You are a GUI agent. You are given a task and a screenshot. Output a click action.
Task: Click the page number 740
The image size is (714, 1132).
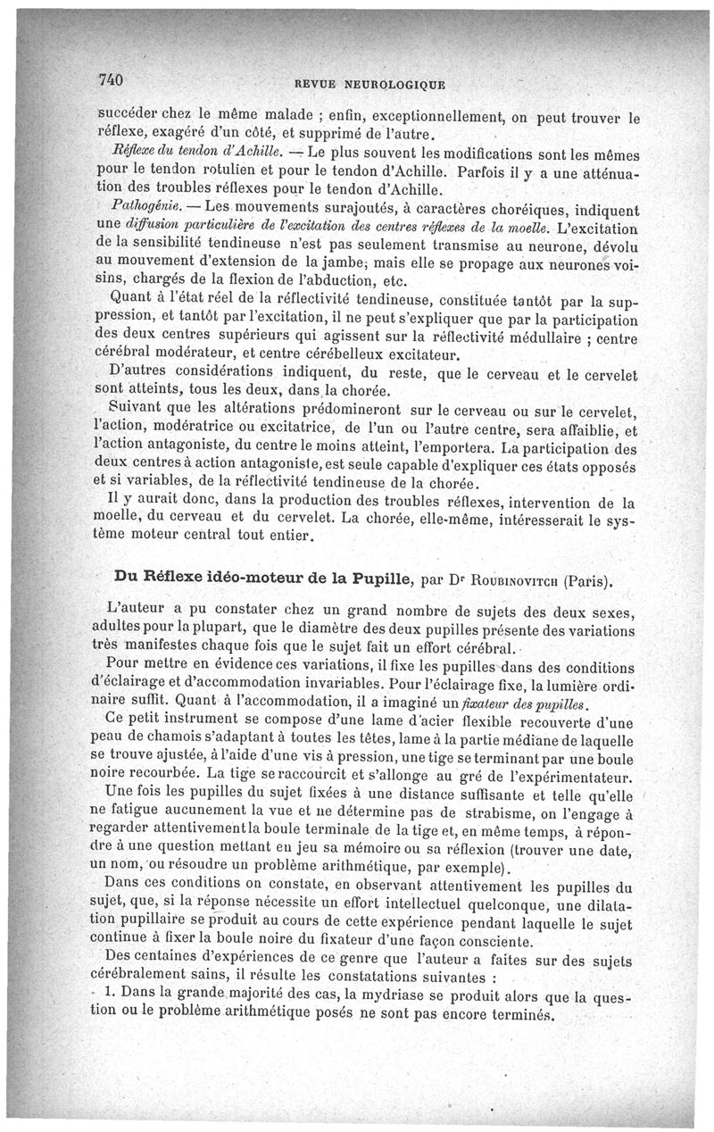click(x=109, y=80)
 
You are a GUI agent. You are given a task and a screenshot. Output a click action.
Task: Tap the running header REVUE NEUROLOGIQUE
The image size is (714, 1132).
click(x=369, y=86)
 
